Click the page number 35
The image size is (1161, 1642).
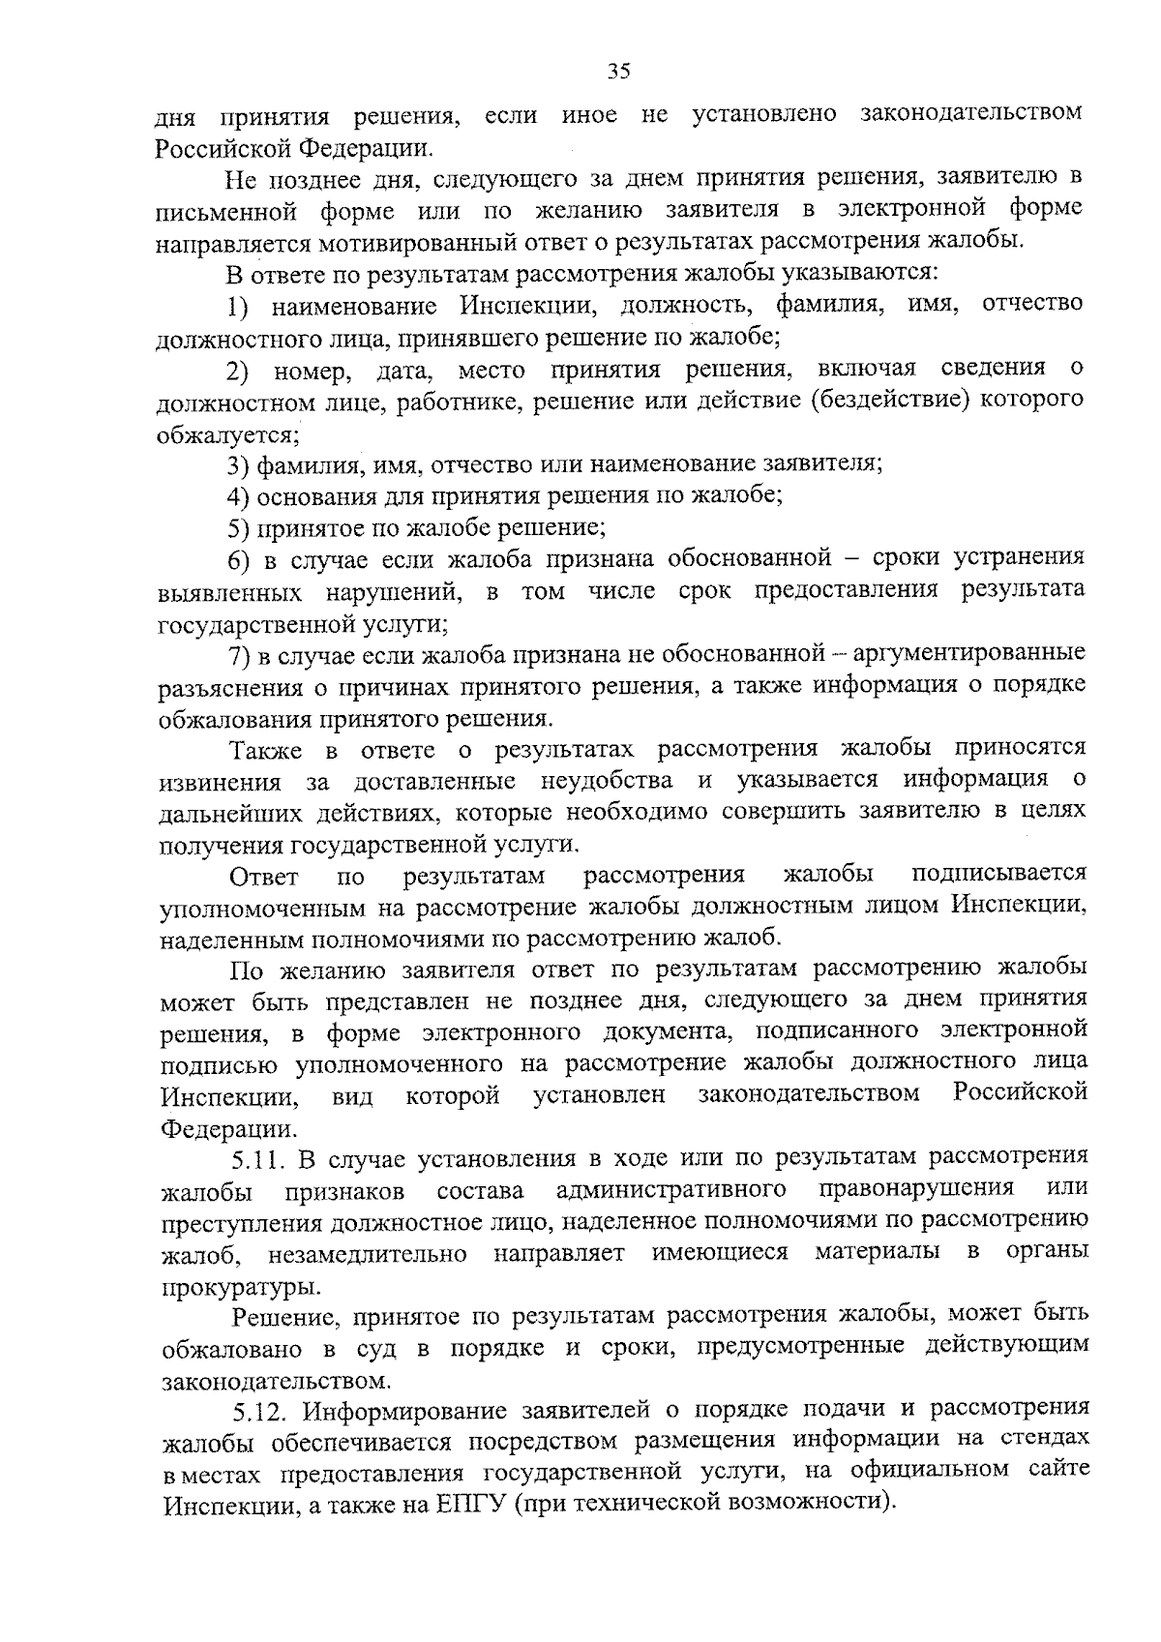[x=619, y=70]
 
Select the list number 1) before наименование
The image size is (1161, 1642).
[x=239, y=306]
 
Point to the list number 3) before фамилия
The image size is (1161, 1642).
[x=239, y=464]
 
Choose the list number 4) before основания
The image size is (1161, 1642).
[x=239, y=496]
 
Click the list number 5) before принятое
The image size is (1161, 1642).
[x=239, y=528]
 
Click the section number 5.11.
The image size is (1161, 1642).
[x=257, y=1158]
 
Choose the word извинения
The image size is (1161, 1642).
[x=221, y=782]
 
